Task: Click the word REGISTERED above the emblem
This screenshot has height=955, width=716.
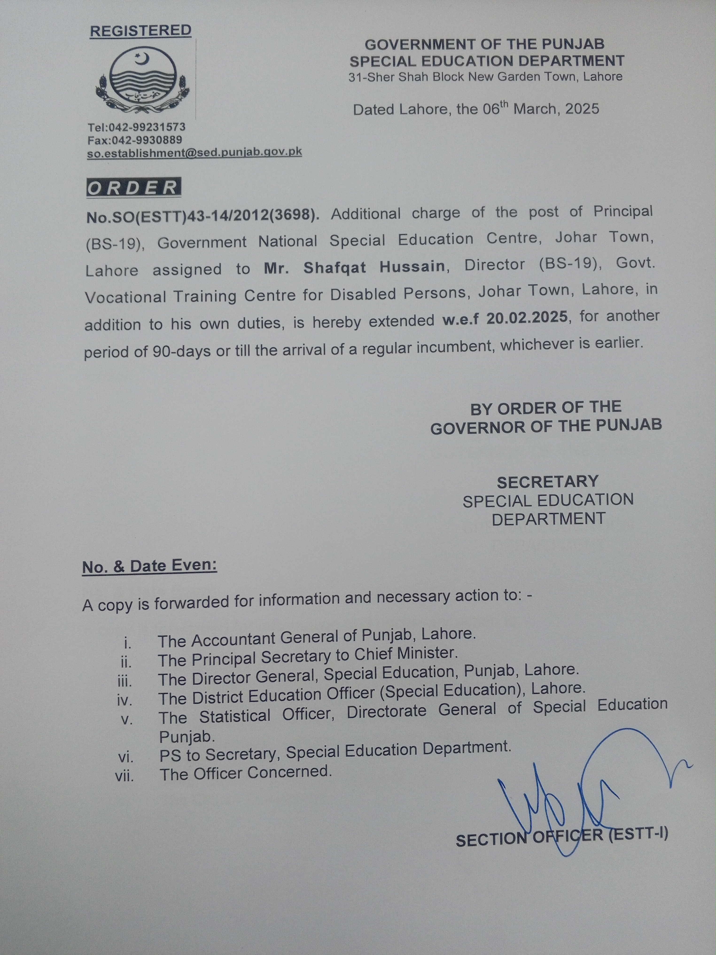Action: pos(140,31)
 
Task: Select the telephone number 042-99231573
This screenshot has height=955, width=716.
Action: pos(147,127)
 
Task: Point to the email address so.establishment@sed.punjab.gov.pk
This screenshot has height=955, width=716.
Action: pos(194,153)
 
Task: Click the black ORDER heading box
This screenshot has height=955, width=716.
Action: pos(133,188)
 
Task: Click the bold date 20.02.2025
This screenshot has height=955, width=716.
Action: pos(526,318)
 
